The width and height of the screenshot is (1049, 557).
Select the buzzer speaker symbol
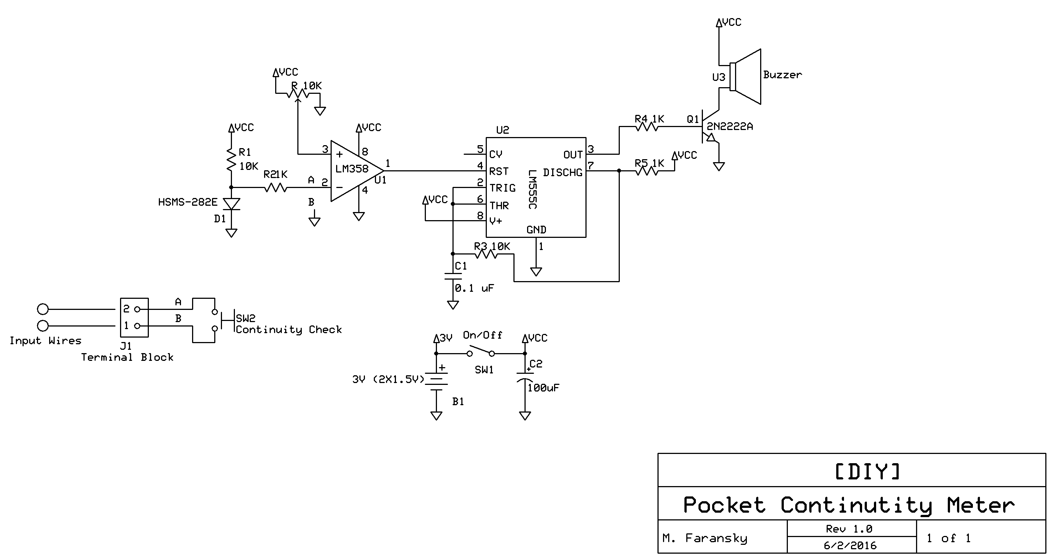click(745, 76)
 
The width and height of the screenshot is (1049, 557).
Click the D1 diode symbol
click(231, 204)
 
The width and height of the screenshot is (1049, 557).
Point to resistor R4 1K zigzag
click(647, 127)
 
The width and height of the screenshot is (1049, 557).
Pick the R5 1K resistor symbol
click(647, 171)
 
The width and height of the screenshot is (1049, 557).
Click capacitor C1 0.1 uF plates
click(453, 276)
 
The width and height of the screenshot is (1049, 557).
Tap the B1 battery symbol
click(436, 380)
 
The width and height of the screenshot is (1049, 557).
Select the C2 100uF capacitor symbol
click(525, 377)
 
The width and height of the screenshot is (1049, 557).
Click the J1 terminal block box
click(134, 318)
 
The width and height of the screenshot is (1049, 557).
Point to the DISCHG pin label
click(563, 172)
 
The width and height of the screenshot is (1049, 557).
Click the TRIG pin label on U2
click(502, 188)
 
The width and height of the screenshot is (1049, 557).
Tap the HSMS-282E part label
click(188, 202)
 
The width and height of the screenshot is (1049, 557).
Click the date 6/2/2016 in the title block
click(850, 546)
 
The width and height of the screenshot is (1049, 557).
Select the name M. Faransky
click(705, 538)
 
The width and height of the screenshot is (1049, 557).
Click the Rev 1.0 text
click(849, 529)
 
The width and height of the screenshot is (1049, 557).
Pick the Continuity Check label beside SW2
click(288, 329)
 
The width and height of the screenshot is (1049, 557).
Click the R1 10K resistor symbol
click(231, 160)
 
